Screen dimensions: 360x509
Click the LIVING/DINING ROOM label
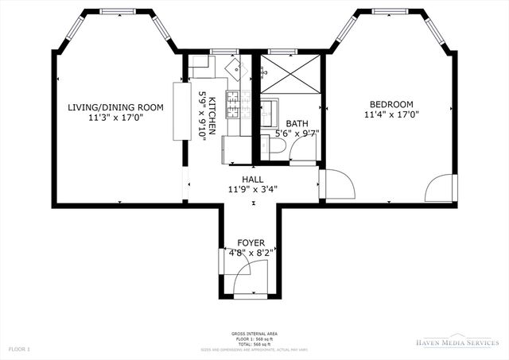coord(115,107)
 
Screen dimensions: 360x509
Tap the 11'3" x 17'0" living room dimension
coord(115,118)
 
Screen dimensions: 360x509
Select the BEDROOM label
coord(390,104)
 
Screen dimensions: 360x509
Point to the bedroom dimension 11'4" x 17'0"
coord(390,114)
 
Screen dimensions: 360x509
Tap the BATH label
coord(297,124)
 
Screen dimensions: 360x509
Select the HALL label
coord(251,179)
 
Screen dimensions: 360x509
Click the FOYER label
coord(251,242)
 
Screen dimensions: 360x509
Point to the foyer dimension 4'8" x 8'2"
coord(251,253)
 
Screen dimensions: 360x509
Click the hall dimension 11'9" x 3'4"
coord(251,189)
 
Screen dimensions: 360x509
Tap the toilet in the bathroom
coord(273,145)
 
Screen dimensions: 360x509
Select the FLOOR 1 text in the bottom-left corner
coord(19,349)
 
